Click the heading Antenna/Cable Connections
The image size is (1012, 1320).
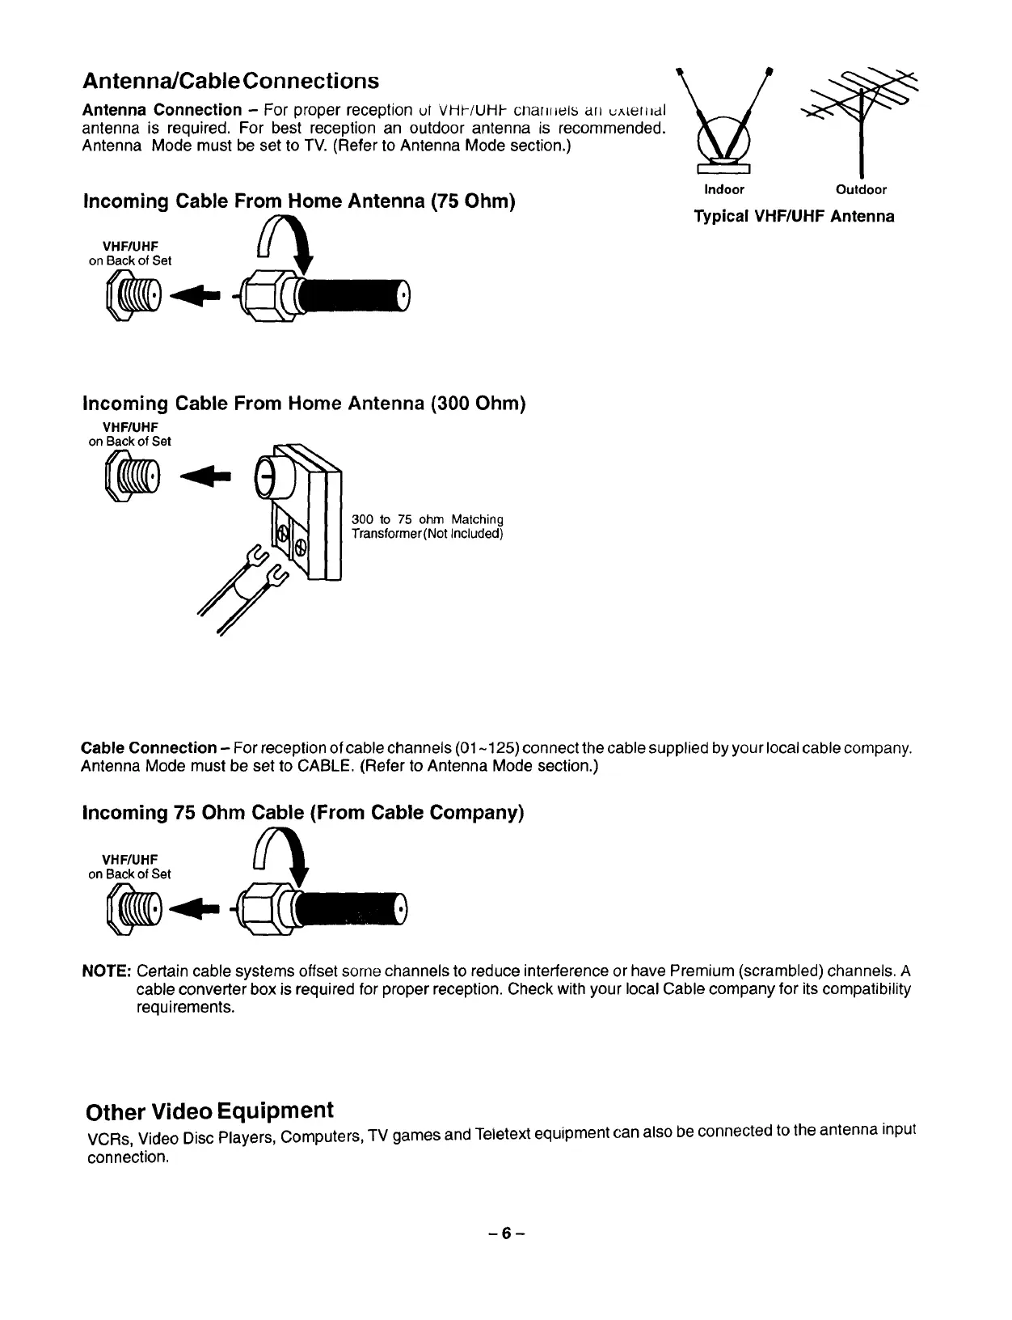click(230, 81)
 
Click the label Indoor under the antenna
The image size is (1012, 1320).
click(723, 190)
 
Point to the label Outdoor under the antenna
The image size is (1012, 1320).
click(861, 190)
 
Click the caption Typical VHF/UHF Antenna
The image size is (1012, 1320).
click(794, 217)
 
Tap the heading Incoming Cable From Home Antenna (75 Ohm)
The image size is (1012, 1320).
click(299, 201)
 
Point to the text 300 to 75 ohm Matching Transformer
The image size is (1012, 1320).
click(428, 527)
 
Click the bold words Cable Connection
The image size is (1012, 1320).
click(149, 748)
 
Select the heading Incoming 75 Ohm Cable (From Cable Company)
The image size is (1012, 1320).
click(303, 812)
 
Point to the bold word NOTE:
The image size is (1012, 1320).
click(107, 971)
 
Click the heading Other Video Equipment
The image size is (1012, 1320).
click(209, 1111)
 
